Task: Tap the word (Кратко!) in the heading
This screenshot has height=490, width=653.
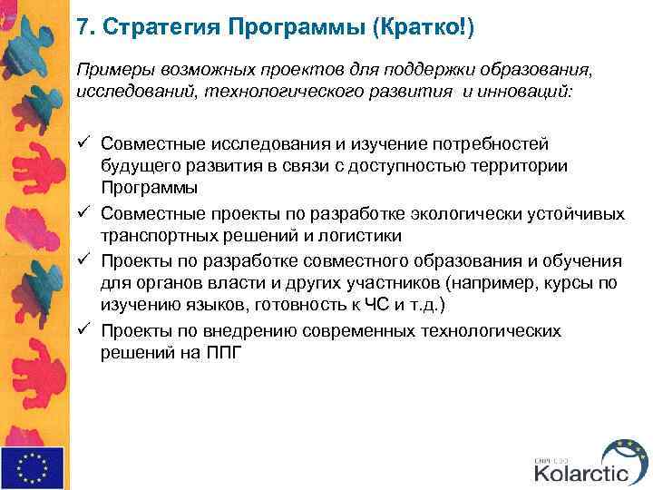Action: click(x=423, y=27)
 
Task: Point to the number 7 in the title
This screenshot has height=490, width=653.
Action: click(x=83, y=27)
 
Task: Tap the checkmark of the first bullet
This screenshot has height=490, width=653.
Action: click(x=83, y=144)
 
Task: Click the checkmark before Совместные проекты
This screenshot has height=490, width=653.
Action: click(x=83, y=214)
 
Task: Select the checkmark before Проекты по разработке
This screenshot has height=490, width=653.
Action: click(x=83, y=261)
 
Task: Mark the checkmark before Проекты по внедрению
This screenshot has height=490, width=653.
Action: click(x=83, y=331)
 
